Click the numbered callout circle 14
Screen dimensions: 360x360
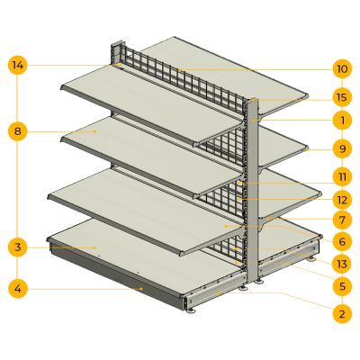pyautogui.click(x=18, y=65)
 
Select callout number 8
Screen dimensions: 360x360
pyautogui.click(x=18, y=131)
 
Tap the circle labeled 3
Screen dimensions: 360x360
pyautogui.click(x=18, y=247)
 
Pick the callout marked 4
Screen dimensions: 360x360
pyautogui.click(x=18, y=289)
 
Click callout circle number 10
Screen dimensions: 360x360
pyautogui.click(x=342, y=69)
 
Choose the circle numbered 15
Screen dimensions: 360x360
pyautogui.click(x=342, y=97)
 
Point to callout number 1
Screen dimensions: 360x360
pyautogui.click(x=342, y=121)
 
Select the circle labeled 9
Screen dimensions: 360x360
pyautogui.click(x=342, y=148)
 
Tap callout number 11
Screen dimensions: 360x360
pyautogui.click(x=342, y=176)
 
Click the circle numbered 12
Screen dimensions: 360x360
pyautogui.click(x=342, y=200)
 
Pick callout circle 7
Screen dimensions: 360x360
pyautogui.click(x=342, y=220)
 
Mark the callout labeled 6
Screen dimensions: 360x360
pyautogui.click(x=342, y=241)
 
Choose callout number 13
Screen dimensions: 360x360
pyautogui.click(x=342, y=264)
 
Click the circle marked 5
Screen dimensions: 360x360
pyautogui.click(x=342, y=286)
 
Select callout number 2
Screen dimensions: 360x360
pyautogui.click(x=342, y=314)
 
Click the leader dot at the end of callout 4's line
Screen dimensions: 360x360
pyautogui.click(x=141, y=289)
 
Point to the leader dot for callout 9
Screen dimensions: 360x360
pyautogui.click(x=308, y=150)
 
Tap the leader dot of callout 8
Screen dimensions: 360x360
pyautogui.click(x=95, y=131)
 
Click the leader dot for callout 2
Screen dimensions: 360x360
pyautogui.click(x=216, y=293)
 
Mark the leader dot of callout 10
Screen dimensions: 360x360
pyautogui.click(x=180, y=69)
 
